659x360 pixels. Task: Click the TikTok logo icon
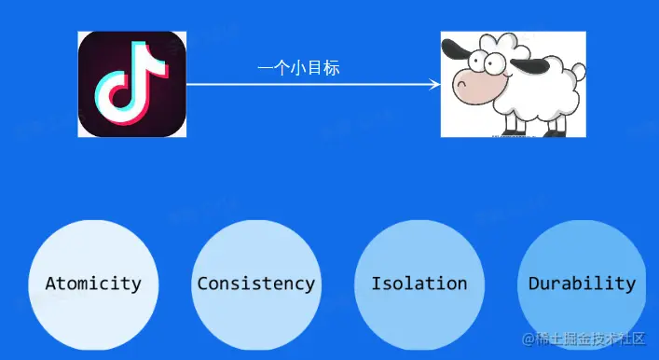point(131,84)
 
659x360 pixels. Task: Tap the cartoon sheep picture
point(513,84)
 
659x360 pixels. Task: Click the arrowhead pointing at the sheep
point(435,85)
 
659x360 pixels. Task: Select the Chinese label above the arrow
point(298,68)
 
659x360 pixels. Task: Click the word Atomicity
point(93,284)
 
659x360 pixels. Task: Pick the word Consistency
point(255,284)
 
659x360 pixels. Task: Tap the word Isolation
point(419,284)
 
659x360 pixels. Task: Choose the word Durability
point(582,284)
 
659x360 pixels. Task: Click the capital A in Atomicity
point(50,284)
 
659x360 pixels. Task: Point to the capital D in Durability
point(534,284)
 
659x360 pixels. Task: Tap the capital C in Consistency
point(202,284)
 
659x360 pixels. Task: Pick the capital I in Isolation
point(376,284)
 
